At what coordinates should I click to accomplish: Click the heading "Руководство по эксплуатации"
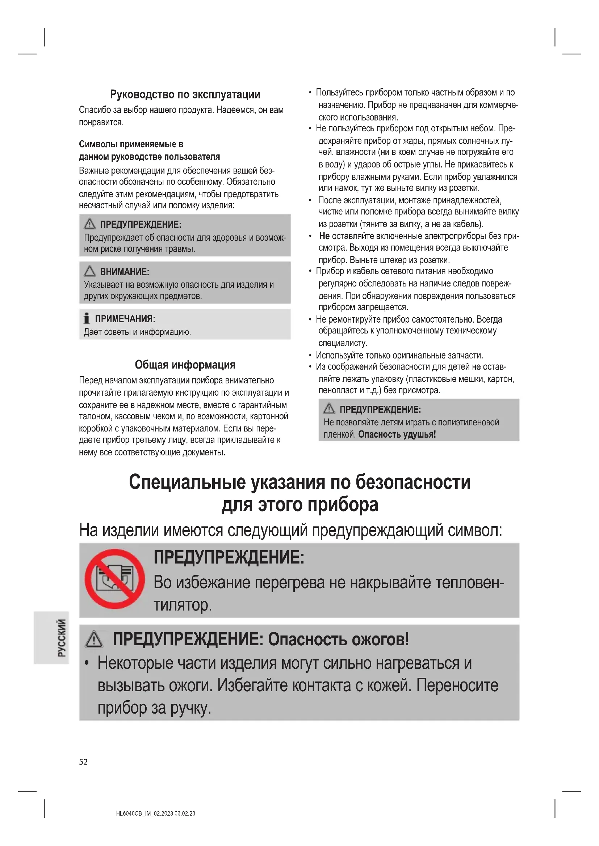coord(185,95)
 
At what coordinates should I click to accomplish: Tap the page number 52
coord(83,762)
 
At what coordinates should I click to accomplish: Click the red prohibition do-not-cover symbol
coord(114,579)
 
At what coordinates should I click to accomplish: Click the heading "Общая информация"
coord(185,365)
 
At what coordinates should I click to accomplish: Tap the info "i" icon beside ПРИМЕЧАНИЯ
coord(87,318)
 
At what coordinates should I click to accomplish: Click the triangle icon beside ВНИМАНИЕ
coord(89,272)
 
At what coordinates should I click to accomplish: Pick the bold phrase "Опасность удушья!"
coord(397,434)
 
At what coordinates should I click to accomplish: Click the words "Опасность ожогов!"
coord(338,639)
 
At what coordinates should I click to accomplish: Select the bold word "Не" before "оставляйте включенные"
coord(324,236)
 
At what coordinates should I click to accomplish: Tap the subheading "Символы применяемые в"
coord(131,144)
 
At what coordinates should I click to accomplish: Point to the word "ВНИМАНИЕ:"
coord(125,272)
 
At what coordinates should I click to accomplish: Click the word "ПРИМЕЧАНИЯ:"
coord(125,319)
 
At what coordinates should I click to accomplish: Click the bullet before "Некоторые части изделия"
coord(87,663)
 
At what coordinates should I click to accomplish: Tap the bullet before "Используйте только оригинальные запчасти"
coord(310,356)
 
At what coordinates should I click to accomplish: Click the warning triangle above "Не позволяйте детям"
coord(328,409)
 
